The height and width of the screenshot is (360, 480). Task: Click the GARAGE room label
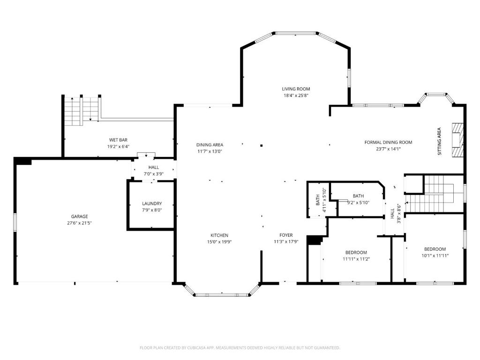click(x=79, y=217)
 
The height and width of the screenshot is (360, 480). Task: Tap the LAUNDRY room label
click(x=152, y=203)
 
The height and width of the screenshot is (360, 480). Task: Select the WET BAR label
click(x=118, y=140)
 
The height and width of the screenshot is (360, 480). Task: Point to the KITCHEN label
click(x=219, y=235)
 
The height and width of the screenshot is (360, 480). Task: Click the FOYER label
click(x=286, y=235)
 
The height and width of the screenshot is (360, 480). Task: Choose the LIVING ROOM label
click(x=296, y=89)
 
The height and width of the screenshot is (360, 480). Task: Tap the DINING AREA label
click(x=210, y=145)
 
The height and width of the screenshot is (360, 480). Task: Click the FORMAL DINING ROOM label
click(x=388, y=142)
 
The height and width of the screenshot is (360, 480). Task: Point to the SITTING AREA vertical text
click(x=439, y=141)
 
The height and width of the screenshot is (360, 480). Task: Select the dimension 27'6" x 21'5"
click(x=79, y=223)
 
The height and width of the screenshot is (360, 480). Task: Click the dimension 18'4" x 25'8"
click(x=296, y=96)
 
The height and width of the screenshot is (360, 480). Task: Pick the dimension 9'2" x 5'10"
click(x=358, y=202)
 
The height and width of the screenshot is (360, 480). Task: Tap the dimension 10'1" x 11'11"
click(x=435, y=256)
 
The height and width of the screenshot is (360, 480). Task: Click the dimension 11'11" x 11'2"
click(x=356, y=259)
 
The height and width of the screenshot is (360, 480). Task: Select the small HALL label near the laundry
click(x=154, y=167)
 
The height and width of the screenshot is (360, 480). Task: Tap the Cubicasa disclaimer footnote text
click(x=240, y=348)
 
